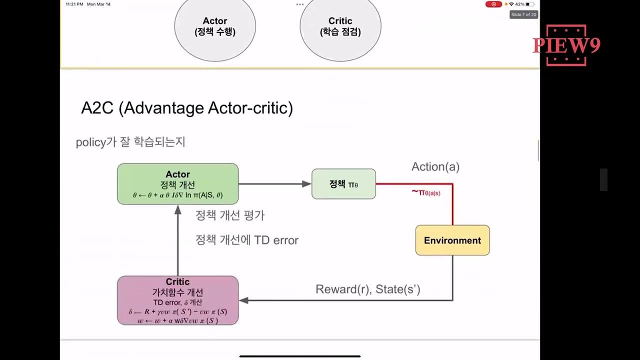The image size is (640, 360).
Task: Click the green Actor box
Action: pyautogui.click(x=177, y=184)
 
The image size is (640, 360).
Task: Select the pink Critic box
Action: pyautogui.click(x=177, y=300)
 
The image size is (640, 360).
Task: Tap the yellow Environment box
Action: pyautogui.click(x=452, y=240)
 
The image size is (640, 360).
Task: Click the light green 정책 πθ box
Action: pyautogui.click(x=343, y=184)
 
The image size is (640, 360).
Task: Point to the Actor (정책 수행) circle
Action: pyautogui.click(x=215, y=26)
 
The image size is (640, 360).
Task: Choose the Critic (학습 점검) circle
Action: pyautogui.click(x=340, y=26)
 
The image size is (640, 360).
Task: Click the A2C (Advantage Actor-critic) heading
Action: pyautogui.click(x=187, y=108)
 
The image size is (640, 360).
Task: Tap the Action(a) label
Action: pyautogui.click(x=435, y=167)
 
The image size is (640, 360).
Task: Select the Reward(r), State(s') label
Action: pyautogui.click(x=367, y=289)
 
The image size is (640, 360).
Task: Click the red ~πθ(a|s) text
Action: pyautogui.click(x=426, y=192)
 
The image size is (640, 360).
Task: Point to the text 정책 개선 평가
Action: pyautogui.click(x=230, y=215)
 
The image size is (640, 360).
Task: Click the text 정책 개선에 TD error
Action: pyautogui.click(x=247, y=240)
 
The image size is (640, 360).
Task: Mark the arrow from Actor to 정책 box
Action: pyautogui.click(x=274, y=184)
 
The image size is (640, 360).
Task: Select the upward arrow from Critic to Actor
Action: pyautogui.click(x=177, y=240)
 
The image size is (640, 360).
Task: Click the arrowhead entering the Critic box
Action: pyautogui.click(x=243, y=300)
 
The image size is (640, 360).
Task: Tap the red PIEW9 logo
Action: pyautogui.click(x=566, y=45)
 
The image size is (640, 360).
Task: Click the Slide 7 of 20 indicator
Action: pyautogui.click(x=523, y=14)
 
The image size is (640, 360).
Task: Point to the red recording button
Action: pyautogui.click(x=493, y=4)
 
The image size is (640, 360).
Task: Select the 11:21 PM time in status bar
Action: pyautogui.click(x=73, y=4)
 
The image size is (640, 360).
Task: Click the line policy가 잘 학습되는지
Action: pyautogui.click(x=130, y=142)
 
